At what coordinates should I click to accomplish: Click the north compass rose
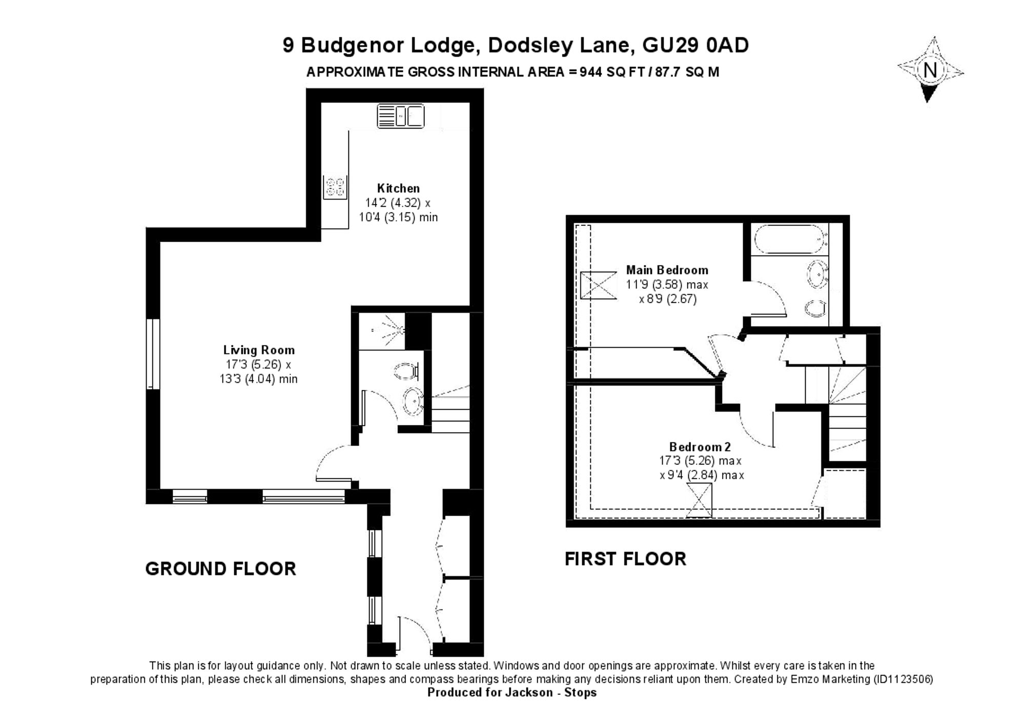point(930,70)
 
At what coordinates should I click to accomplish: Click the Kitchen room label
point(398,188)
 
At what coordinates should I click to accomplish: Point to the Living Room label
point(259,350)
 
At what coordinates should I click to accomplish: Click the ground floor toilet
point(407,371)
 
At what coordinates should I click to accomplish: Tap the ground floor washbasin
point(413,401)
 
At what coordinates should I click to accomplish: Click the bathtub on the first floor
point(790,239)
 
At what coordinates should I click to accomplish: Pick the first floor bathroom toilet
point(816,308)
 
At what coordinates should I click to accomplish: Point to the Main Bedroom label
point(667,270)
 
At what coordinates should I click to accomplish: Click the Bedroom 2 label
point(700,446)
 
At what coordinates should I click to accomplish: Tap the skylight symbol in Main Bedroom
point(598,285)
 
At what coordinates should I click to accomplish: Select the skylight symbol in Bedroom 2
point(699,500)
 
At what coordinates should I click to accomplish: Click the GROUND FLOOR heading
point(221,569)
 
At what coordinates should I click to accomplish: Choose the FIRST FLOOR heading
point(625,559)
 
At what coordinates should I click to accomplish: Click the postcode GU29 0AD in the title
point(695,45)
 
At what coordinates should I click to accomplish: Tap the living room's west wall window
point(153,354)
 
